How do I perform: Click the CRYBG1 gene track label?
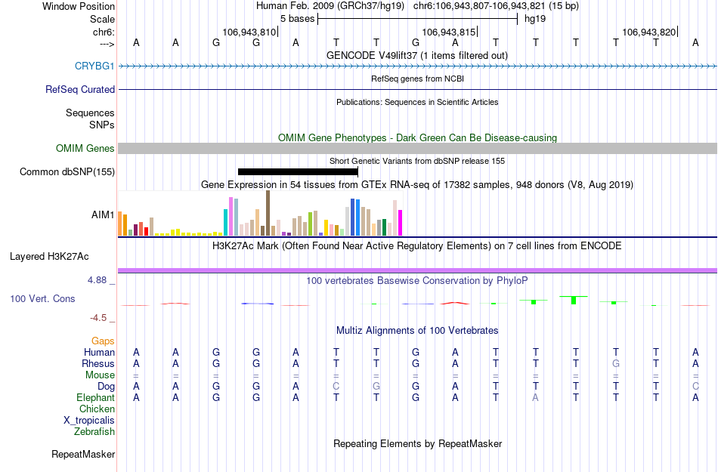(x=94, y=66)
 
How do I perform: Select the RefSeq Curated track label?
(x=80, y=89)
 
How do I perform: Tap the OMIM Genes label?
(x=85, y=149)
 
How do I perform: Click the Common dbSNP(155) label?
(x=67, y=172)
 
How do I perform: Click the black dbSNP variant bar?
(x=297, y=172)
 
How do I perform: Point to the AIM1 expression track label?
(x=103, y=214)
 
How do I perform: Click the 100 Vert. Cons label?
(x=42, y=299)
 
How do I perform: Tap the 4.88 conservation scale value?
(x=99, y=280)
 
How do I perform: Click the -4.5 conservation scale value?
(x=101, y=318)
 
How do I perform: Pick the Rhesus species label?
(x=98, y=363)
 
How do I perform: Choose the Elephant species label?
(x=95, y=397)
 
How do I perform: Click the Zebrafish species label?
(x=94, y=432)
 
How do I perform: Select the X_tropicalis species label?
(x=89, y=420)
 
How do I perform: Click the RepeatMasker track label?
(x=83, y=455)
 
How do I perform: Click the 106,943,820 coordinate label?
(x=649, y=32)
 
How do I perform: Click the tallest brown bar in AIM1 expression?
(x=268, y=213)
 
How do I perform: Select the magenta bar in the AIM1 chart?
(x=401, y=222)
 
